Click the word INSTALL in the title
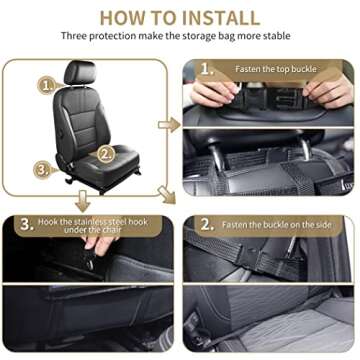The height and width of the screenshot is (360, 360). (x=214, y=17)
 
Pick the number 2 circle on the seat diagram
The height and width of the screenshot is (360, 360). (x=105, y=154)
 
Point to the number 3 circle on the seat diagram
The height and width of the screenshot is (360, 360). (x=42, y=169)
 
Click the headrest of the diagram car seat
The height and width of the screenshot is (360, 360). (x=80, y=73)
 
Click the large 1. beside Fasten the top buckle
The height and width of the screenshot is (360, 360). (x=207, y=70)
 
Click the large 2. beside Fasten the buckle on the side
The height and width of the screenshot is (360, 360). (x=207, y=224)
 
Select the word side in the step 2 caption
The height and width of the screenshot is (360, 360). (x=329, y=225)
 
